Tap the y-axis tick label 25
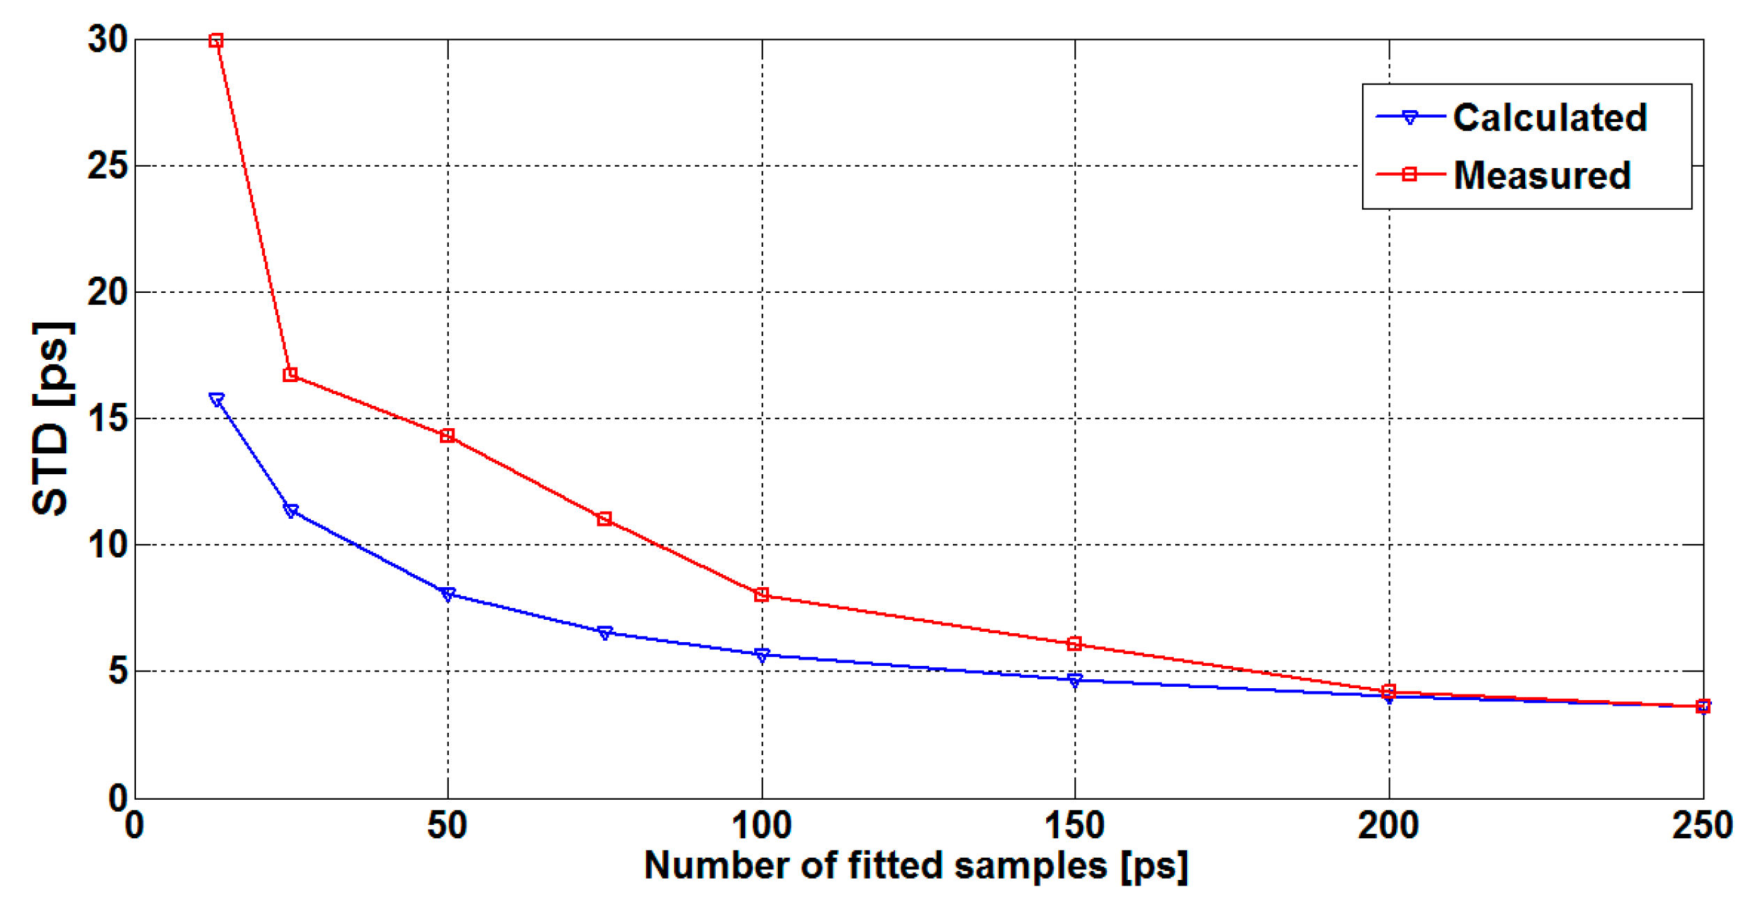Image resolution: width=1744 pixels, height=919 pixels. point(107,166)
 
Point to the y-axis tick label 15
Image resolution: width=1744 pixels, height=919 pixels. point(107,418)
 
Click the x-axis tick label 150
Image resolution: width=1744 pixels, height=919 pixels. point(1074,826)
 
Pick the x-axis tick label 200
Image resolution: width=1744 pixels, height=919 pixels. point(1388,826)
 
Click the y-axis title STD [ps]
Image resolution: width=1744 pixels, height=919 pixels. point(52,418)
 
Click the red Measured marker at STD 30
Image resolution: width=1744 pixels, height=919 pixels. point(216,40)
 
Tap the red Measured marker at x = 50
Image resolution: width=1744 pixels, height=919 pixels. point(448,436)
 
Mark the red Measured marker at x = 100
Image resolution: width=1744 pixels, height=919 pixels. point(762,595)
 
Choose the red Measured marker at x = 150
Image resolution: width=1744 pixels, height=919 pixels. point(1074,644)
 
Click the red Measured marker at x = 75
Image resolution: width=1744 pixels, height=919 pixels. point(604,519)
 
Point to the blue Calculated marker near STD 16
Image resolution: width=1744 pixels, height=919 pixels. point(216,400)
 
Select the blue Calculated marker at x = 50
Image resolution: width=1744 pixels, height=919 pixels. point(448,594)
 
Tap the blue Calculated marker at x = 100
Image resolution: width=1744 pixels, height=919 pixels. point(762,655)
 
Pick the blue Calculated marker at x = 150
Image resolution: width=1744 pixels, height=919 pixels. point(1074,680)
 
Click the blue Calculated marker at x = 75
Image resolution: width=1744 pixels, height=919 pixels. point(604,632)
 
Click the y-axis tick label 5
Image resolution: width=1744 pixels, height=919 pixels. point(117,671)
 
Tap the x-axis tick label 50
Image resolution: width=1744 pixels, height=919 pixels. point(447,826)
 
